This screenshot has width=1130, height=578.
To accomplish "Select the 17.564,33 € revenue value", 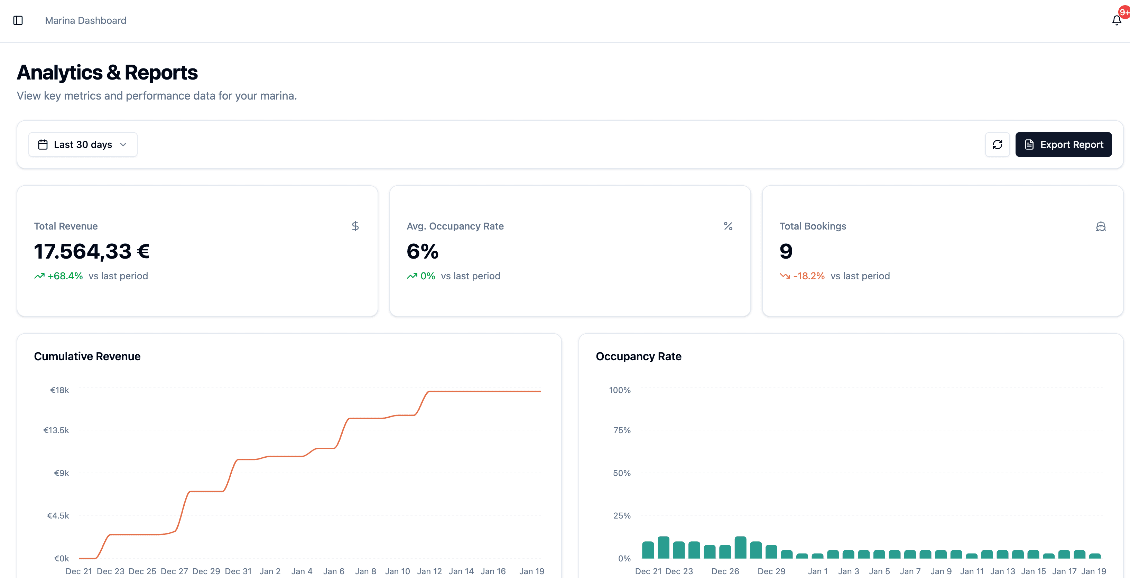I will pos(92,251).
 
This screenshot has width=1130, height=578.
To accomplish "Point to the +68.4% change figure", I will pos(65,276).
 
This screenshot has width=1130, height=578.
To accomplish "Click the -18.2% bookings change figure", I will pos(808,276).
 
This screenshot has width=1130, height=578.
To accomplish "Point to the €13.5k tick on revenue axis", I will pos(56,430).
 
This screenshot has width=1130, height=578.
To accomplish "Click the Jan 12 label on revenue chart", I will pos(429,571).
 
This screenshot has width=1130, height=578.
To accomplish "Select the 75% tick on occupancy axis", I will pos(622,430).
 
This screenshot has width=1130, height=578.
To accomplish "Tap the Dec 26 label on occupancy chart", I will pos(725,571).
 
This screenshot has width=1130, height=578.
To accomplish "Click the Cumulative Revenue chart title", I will pos(87,356).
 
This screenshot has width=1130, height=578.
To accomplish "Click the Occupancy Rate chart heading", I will pos(638,356).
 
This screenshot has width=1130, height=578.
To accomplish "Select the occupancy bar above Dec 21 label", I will pos(648,550).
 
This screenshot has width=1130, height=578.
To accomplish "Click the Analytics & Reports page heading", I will pos(107,72).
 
